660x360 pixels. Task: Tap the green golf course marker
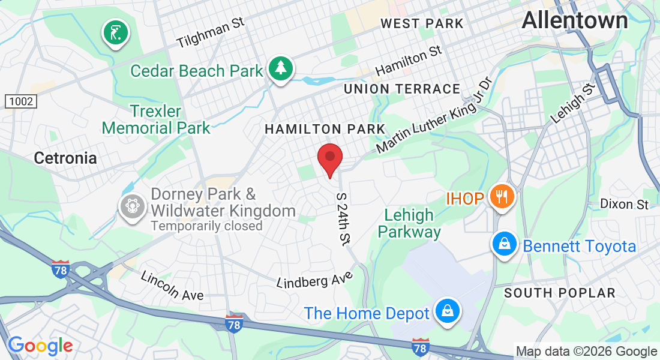[116, 32]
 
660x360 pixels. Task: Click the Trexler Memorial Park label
[156, 119]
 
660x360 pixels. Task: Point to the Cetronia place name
[65, 158]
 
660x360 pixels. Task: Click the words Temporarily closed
[206, 226]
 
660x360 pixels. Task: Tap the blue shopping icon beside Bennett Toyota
[504, 244]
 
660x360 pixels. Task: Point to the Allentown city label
[574, 20]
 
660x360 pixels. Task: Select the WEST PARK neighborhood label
[422, 23]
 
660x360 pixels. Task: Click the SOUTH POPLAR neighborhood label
[559, 293]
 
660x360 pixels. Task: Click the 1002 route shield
[21, 102]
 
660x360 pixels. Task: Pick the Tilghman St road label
[211, 32]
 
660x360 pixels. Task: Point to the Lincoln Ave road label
[172, 286]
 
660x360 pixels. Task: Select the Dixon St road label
[624, 204]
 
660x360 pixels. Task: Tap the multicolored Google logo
[40, 346]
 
